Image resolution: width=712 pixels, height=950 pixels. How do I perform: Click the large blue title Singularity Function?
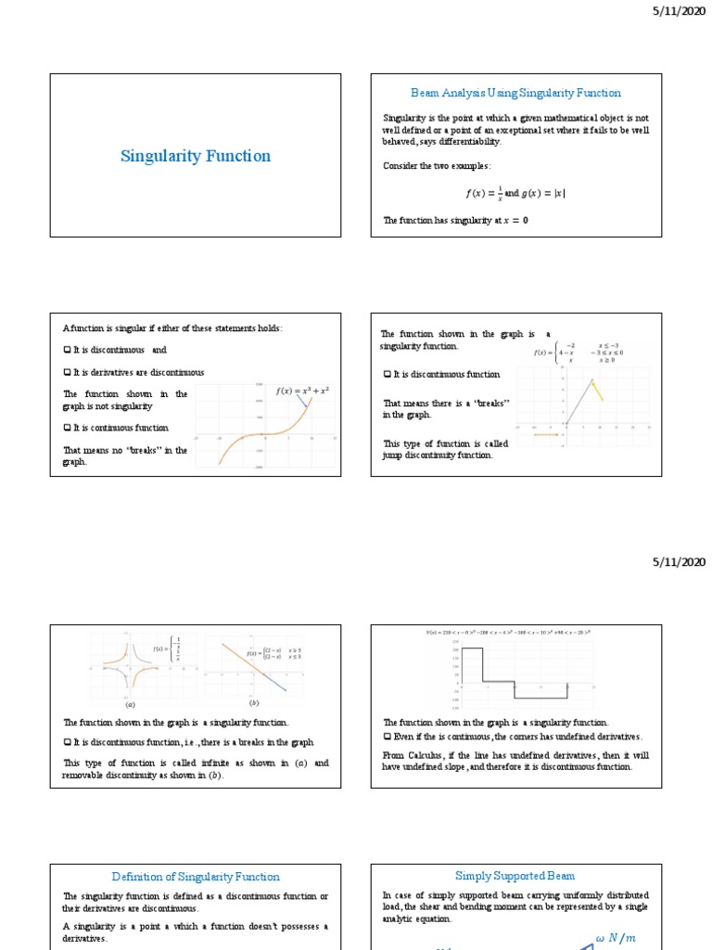coord(196,156)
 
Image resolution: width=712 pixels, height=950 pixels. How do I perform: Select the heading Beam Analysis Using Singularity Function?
coord(515,93)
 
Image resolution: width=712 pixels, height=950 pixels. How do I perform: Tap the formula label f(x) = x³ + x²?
coord(303,391)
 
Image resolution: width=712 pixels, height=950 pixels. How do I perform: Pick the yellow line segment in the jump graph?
coord(598,390)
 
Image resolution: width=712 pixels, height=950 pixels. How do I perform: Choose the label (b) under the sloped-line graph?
coord(253,703)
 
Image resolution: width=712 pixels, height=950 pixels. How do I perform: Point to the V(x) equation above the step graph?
coord(515,633)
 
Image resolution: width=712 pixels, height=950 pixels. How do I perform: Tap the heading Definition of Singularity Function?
coord(196,876)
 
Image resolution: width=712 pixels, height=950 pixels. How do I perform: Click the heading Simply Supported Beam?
coord(515,875)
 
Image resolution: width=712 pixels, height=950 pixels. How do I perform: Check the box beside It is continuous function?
coord(67,428)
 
